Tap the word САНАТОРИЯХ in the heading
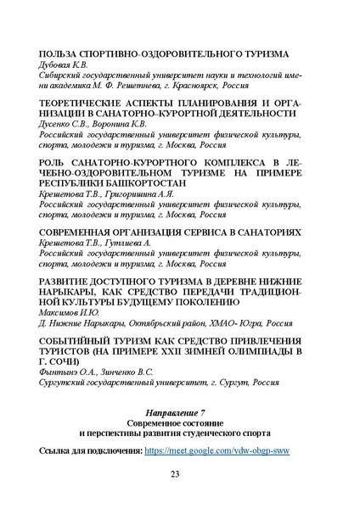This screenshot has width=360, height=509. tap(279, 232)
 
